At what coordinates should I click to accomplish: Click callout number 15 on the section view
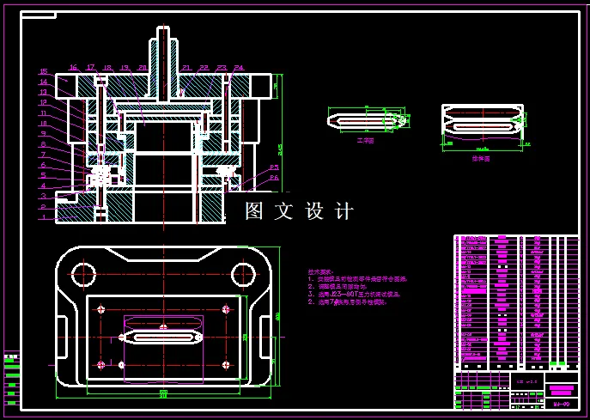[43, 72]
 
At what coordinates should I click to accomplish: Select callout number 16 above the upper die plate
[74, 67]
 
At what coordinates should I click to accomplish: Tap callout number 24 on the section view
[238, 67]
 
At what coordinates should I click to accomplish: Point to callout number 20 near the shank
[143, 67]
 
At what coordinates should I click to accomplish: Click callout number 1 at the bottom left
[43, 217]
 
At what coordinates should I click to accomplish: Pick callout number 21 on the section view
[186, 67]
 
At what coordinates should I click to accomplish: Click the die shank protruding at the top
[162, 47]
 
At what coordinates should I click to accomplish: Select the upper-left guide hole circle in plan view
[83, 274]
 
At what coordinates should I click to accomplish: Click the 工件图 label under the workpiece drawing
[365, 139]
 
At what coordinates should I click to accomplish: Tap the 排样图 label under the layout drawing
[480, 158]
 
